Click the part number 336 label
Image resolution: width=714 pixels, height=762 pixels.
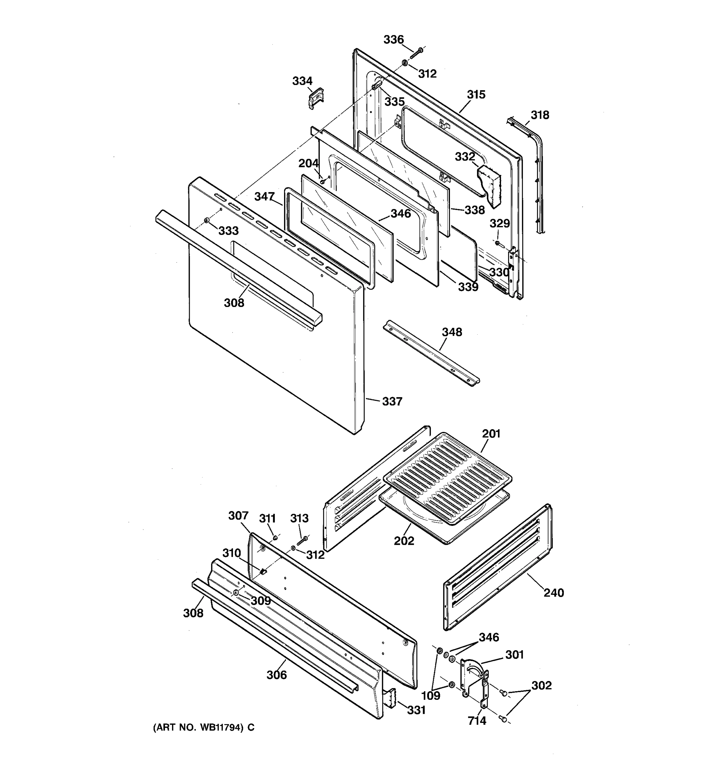click(x=393, y=39)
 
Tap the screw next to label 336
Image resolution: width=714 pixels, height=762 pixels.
click(x=416, y=53)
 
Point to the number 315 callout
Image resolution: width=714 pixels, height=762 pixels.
click(x=476, y=94)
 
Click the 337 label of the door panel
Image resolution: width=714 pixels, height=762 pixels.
click(x=392, y=401)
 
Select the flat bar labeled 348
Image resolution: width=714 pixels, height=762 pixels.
click(x=431, y=353)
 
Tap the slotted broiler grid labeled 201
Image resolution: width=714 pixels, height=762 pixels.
click(x=447, y=479)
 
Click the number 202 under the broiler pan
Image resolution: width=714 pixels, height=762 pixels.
click(x=404, y=541)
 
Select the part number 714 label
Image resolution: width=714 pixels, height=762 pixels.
click(x=477, y=721)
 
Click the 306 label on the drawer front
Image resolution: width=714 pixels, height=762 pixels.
click(x=277, y=675)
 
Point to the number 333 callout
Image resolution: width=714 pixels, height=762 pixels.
click(x=229, y=231)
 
